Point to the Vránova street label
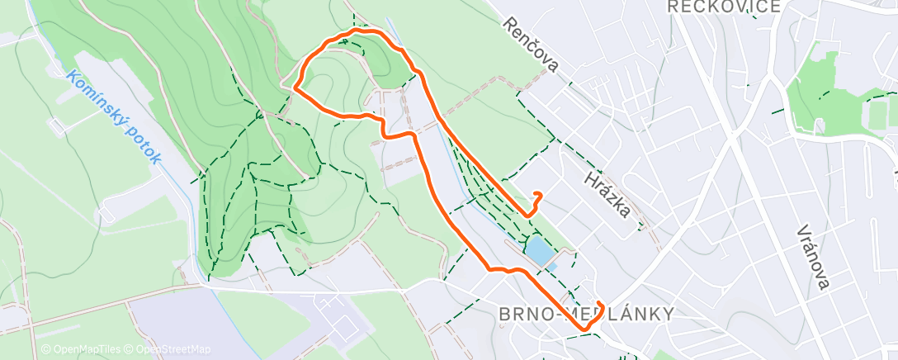[814, 257]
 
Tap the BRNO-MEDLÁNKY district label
[586, 314]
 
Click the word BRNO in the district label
[524, 314]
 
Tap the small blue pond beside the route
[536, 251]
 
